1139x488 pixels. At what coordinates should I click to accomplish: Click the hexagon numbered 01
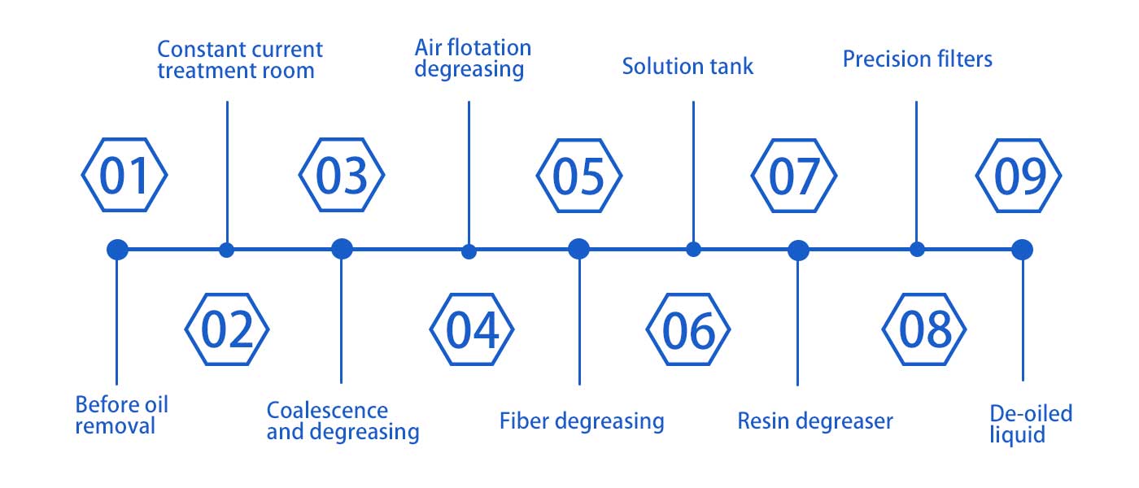(124, 176)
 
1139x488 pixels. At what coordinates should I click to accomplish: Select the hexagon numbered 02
(227, 329)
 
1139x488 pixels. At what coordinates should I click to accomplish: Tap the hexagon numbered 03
(342, 176)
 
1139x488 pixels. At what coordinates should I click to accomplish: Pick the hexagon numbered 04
(472, 329)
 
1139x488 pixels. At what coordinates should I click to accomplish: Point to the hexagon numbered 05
(578, 176)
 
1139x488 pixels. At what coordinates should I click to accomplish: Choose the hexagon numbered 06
(688, 329)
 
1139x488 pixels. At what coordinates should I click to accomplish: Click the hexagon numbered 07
(793, 176)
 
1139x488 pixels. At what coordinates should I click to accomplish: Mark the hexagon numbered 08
(925, 329)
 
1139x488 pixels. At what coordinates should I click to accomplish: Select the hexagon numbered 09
(1019, 176)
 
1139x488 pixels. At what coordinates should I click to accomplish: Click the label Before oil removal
(121, 415)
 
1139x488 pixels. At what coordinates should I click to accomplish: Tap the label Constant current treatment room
(239, 59)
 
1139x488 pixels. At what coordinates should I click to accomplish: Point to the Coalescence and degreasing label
(343, 420)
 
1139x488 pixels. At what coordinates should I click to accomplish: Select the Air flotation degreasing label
(472, 58)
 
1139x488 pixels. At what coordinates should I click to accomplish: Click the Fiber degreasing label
(582, 420)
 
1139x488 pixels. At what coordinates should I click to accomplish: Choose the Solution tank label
(687, 66)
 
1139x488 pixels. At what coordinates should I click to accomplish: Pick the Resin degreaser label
(815, 420)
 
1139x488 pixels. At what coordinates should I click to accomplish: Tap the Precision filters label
(917, 59)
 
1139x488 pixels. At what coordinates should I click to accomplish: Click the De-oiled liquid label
(1031, 423)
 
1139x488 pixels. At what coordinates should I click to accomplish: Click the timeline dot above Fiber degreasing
(578, 249)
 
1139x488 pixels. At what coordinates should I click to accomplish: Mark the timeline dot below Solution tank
(693, 250)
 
